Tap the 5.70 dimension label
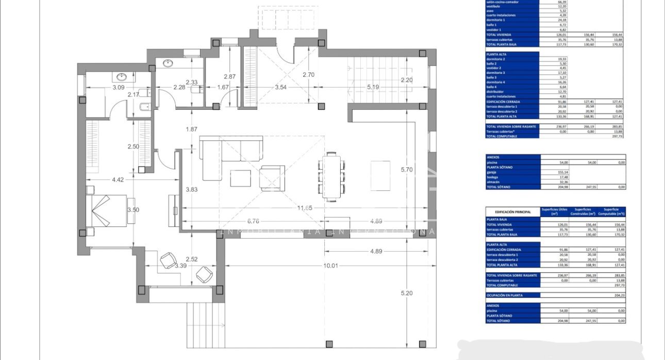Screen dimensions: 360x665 [407, 169]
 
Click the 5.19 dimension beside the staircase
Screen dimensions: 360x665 [373, 87]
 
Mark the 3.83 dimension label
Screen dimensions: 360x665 [192, 189]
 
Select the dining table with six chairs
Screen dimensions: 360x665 [331, 175]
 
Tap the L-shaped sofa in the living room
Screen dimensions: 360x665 [227, 155]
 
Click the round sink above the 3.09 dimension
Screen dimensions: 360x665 [122, 77]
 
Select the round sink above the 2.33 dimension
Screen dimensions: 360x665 [168, 63]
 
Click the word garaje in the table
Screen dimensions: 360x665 [493, 172]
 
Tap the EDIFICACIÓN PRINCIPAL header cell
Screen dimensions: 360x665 [512, 212]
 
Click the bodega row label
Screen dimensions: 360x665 [493, 177]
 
